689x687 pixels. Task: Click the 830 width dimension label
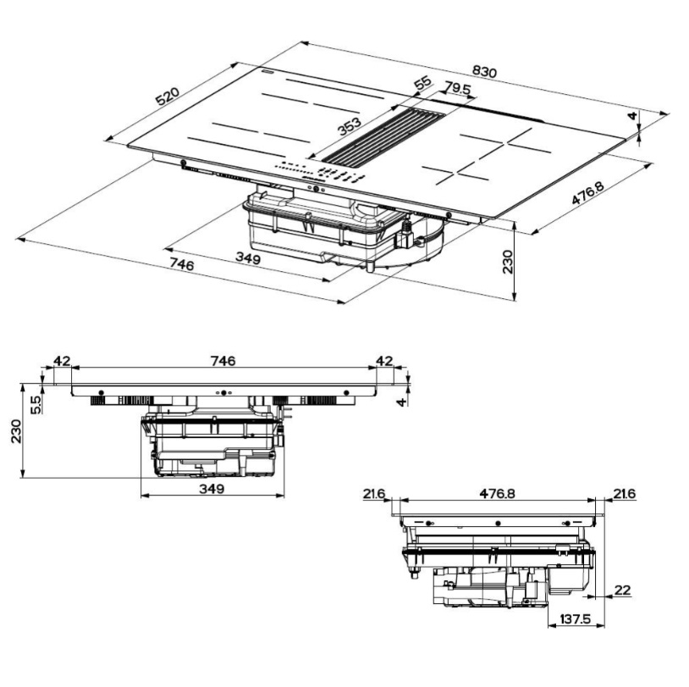point(484,71)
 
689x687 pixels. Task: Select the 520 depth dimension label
point(168,97)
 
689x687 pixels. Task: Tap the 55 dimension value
point(423,83)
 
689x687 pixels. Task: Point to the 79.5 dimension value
point(457,88)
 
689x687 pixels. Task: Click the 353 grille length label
point(350,126)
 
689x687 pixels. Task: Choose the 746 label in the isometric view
point(181,265)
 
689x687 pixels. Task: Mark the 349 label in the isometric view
point(248,258)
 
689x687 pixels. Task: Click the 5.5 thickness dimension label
point(36,405)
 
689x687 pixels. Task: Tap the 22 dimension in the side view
point(622,590)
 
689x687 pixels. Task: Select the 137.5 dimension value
point(576,619)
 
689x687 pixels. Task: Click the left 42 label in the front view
point(62,361)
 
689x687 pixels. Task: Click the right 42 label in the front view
point(384,361)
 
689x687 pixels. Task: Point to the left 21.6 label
point(374,494)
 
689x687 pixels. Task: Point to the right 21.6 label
point(625,494)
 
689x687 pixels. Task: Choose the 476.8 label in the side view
point(497,494)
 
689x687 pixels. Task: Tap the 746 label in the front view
point(223,361)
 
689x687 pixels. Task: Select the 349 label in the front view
point(212,488)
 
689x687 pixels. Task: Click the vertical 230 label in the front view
point(16,431)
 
